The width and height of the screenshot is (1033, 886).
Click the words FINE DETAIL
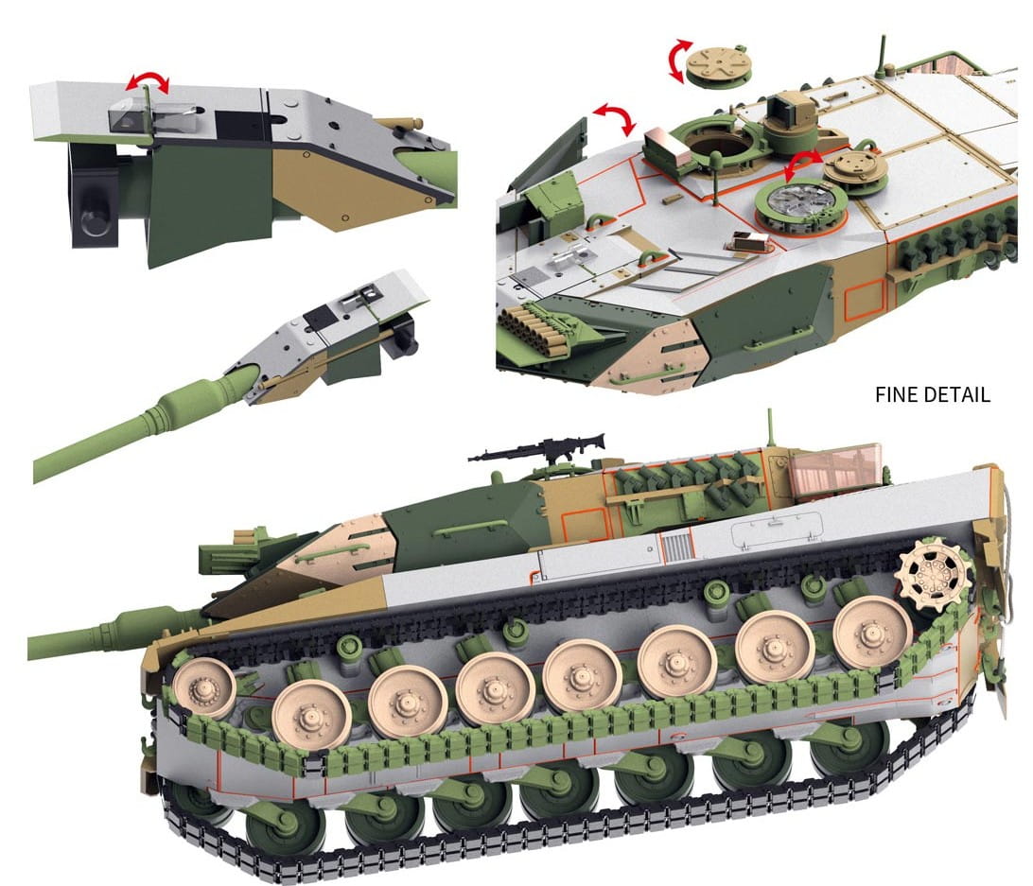click(x=932, y=394)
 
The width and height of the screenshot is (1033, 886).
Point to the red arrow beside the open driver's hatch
click(x=615, y=118)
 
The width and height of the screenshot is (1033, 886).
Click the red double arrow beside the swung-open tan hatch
click(x=803, y=165)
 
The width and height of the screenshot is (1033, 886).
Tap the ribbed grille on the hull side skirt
click(x=677, y=547)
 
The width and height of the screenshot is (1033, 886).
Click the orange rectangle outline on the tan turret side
click(x=865, y=299)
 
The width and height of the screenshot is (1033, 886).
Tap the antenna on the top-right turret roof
click(x=883, y=56)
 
